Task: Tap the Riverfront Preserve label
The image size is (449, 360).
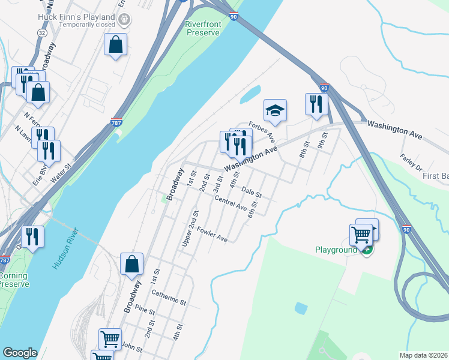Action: [x=202, y=28]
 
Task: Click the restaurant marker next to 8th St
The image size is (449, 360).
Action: [x=315, y=104]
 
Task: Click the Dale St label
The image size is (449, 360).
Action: [x=252, y=192]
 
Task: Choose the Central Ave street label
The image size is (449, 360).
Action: [x=231, y=204]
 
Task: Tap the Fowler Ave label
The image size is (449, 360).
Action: [x=212, y=235]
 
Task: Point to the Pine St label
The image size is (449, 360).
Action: [x=145, y=312]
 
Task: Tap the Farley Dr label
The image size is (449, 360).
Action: [x=411, y=161]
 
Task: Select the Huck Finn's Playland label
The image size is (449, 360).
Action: [x=76, y=17]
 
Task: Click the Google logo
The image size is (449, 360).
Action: [x=20, y=353]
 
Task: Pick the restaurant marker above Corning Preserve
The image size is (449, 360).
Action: [x=32, y=236]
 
